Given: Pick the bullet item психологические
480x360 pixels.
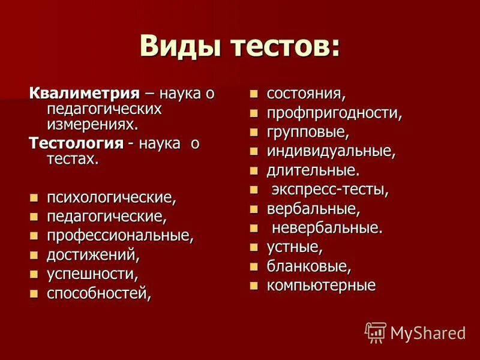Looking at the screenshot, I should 112,197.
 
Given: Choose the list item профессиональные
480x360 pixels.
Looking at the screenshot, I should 120,235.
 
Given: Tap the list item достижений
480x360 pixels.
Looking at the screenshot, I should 93,254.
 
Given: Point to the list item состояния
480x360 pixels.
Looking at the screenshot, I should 306,94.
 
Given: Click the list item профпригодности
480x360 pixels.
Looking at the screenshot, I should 334,113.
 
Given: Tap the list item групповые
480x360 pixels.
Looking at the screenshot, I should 308,131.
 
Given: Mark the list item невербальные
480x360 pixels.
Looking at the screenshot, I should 327,227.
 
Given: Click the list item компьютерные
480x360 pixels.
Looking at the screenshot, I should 321,285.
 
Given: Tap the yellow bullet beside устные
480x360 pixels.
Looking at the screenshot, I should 254,247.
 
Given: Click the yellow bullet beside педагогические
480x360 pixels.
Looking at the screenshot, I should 34,217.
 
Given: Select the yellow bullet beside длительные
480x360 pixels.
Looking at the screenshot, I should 254,170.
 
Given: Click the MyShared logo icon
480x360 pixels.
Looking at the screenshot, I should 376,332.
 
